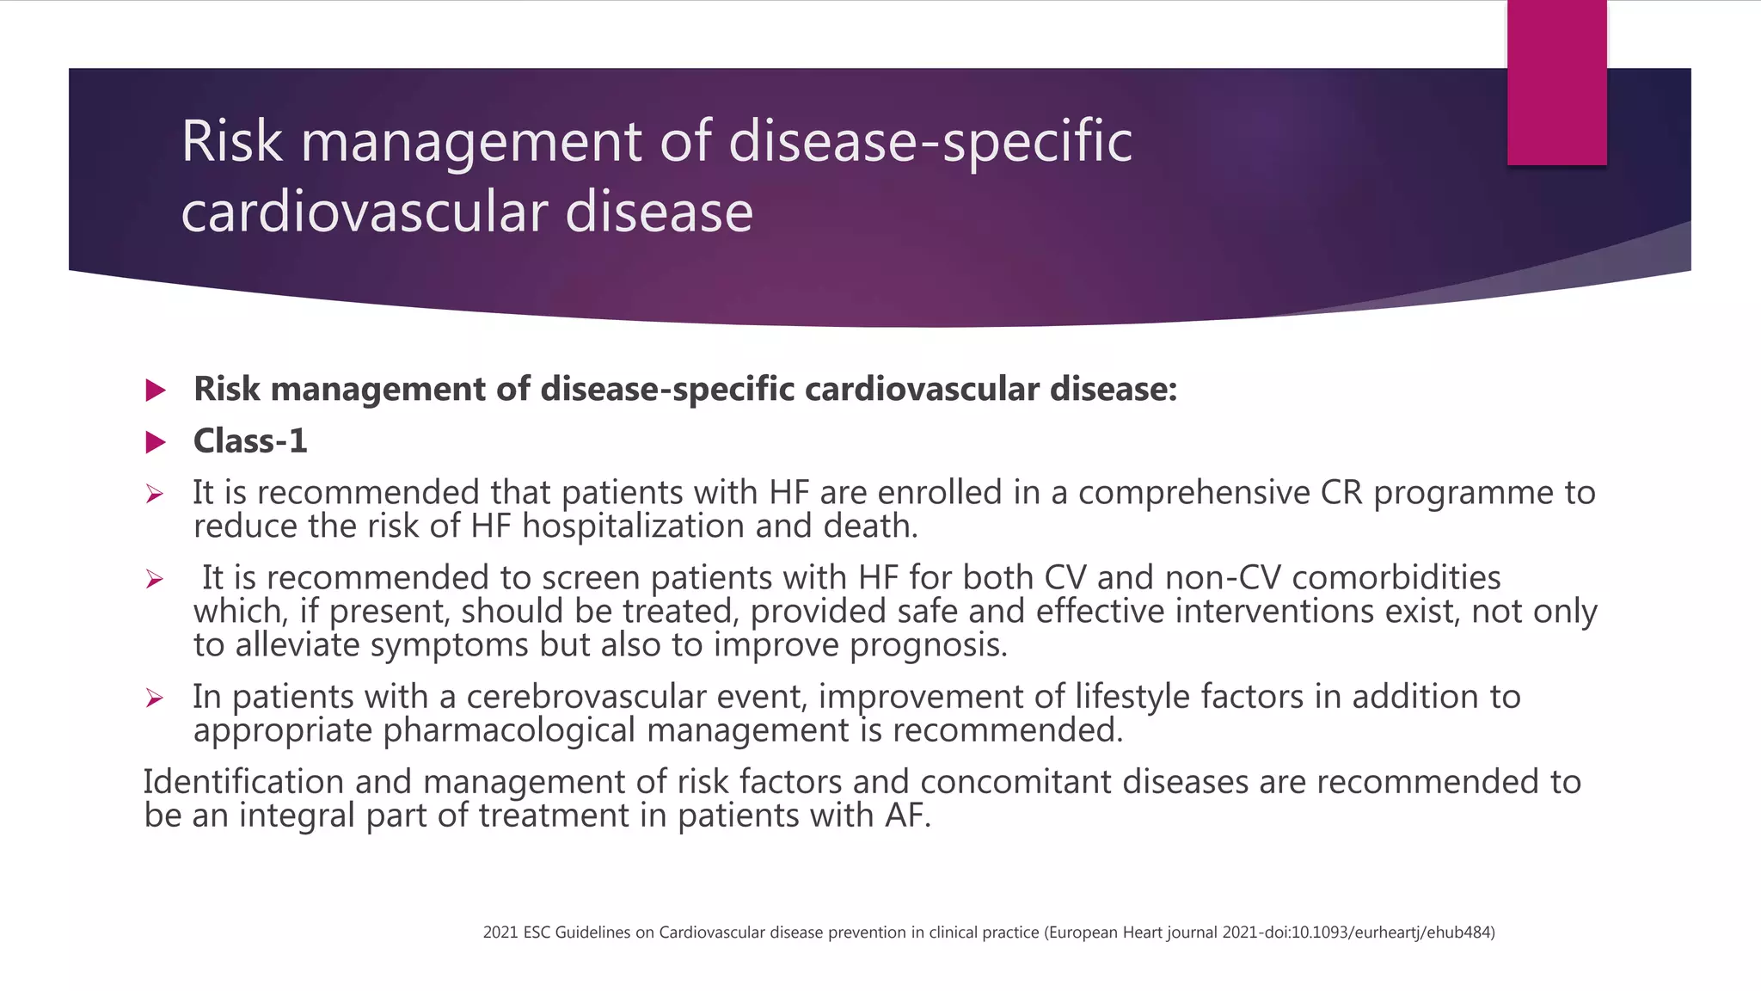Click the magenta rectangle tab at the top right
point(1556,83)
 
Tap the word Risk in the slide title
point(231,142)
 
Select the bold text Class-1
point(250,441)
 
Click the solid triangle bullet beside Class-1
point(156,442)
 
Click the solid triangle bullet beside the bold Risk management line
point(156,391)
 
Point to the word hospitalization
point(632,526)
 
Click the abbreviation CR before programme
point(1341,493)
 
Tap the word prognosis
point(928,645)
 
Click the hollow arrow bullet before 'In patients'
point(155,698)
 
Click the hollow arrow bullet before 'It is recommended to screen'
point(155,579)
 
